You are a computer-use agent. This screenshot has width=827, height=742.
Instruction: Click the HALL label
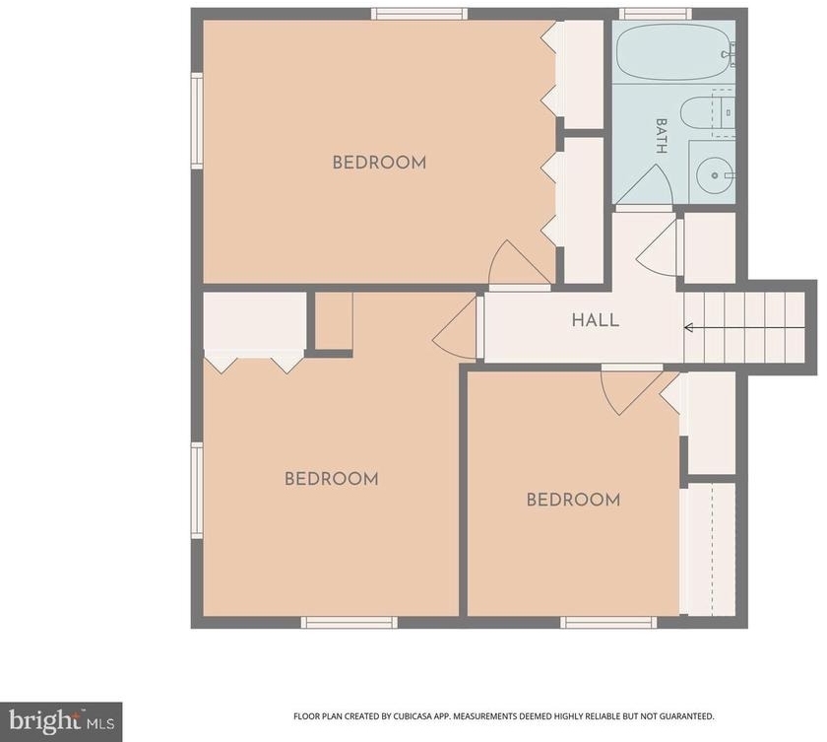[596, 320]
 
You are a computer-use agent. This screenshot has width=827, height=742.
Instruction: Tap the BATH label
[661, 136]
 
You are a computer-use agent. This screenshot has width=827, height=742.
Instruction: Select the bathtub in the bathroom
[675, 51]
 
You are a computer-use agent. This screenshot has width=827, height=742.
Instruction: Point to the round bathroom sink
[714, 175]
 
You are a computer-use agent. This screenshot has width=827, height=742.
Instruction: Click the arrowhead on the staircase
[688, 328]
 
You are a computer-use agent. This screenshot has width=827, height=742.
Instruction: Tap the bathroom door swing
[645, 184]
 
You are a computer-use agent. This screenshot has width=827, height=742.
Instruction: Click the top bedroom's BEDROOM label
[379, 163]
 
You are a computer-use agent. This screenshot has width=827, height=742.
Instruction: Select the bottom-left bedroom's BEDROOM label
[331, 479]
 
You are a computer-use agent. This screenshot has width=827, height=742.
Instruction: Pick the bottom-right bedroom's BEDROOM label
[573, 500]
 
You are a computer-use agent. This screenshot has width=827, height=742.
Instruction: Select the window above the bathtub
[655, 14]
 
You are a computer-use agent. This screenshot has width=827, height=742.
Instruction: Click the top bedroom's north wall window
[419, 14]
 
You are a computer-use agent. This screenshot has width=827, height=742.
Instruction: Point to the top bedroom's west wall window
[197, 121]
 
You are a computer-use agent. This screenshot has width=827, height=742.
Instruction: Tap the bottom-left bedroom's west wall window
[197, 491]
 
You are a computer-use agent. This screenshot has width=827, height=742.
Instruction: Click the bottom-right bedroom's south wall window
[608, 623]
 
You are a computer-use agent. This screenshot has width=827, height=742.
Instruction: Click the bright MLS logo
[61, 721]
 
